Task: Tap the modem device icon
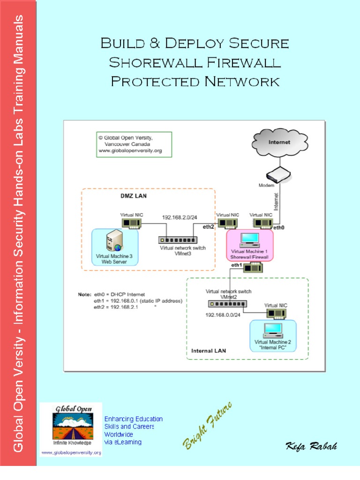point(278,175)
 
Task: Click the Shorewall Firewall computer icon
point(249,240)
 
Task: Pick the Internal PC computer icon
point(273,330)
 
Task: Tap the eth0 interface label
point(279,228)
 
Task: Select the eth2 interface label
point(209,226)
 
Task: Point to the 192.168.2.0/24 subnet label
point(180,217)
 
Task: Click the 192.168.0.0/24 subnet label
point(223,315)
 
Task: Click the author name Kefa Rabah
point(311,446)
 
